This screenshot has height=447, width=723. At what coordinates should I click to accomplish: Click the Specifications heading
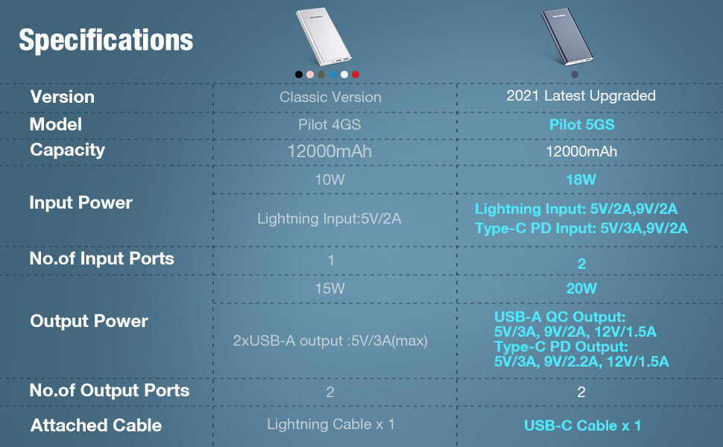point(106,40)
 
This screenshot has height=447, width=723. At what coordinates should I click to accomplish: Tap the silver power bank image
point(323,37)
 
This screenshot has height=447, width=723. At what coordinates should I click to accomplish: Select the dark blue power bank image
point(566,37)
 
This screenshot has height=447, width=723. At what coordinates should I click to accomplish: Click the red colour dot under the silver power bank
point(356,74)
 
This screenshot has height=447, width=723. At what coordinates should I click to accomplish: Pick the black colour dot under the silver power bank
point(299,74)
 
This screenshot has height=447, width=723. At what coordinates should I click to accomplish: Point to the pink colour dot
point(310,74)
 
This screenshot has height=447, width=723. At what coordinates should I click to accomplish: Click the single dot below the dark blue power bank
point(575,74)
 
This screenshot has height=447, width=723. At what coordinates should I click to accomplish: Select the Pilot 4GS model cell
point(329,124)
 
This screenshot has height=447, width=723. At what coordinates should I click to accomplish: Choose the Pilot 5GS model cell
point(581,124)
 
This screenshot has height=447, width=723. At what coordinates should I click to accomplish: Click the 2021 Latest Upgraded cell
point(581,95)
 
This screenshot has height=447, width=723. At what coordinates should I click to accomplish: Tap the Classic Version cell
point(330,98)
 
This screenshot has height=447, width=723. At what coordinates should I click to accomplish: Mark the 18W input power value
point(581,180)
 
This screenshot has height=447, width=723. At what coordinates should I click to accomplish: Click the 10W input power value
point(329,180)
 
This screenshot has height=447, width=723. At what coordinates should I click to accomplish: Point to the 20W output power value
point(581,288)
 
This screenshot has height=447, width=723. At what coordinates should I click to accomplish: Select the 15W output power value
point(329,288)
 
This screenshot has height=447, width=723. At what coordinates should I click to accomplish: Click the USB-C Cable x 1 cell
point(582,425)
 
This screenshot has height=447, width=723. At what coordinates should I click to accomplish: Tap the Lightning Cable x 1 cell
point(331,424)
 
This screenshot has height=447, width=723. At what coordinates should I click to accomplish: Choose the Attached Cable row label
point(96,425)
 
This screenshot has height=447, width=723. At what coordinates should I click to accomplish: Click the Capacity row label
point(67,150)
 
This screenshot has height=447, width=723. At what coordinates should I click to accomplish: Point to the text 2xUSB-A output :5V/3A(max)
point(330,340)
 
